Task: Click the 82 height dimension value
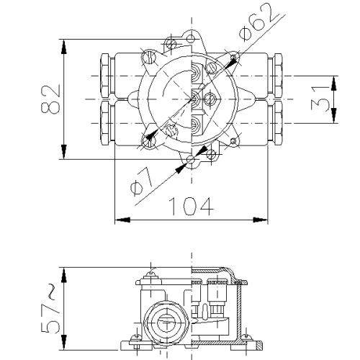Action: pyautogui.click(x=51, y=99)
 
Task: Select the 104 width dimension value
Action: pyautogui.click(x=191, y=207)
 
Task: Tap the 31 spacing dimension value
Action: pyautogui.click(x=320, y=99)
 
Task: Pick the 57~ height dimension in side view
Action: pyautogui.click(x=50, y=310)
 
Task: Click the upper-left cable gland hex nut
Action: pyautogui.click(x=105, y=76)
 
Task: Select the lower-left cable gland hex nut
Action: pyautogui.click(x=105, y=123)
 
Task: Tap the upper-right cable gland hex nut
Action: pyautogui.click(x=278, y=76)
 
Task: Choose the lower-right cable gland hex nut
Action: pyautogui.click(x=278, y=123)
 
